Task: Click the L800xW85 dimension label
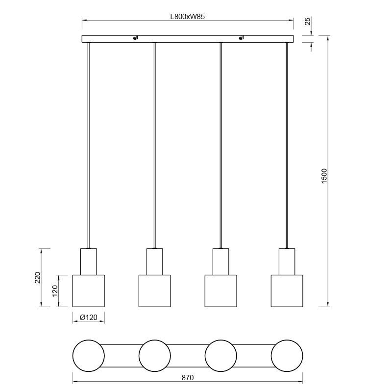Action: [x=188, y=17]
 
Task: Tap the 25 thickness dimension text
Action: [x=308, y=21]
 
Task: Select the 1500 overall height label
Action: [x=324, y=176]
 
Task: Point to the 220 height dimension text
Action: [x=37, y=277]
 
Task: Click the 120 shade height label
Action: [x=55, y=291]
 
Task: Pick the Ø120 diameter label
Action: [x=89, y=318]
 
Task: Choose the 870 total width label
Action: [x=188, y=378]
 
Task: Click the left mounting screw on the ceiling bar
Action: [x=135, y=38]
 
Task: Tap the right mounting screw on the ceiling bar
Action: [x=241, y=38]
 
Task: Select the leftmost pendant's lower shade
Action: [x=89, y=291]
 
